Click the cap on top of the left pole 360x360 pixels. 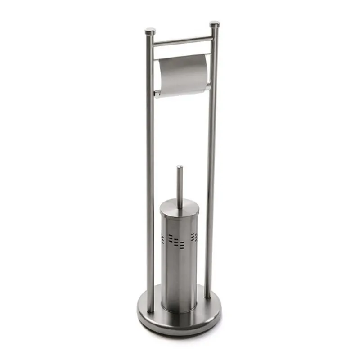click(x=150, y=31)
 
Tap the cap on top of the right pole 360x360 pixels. click(x=214, y=23)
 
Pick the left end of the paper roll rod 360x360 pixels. click(x=156, y=93)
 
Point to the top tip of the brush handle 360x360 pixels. click(x=180, y=167)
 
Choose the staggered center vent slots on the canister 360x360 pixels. click(x=178, y=242)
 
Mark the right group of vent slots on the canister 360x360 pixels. click(x=194, y=237)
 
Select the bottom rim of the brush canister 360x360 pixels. click(x=179, y=310)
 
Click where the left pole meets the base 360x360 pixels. click(x=150, y=310)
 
